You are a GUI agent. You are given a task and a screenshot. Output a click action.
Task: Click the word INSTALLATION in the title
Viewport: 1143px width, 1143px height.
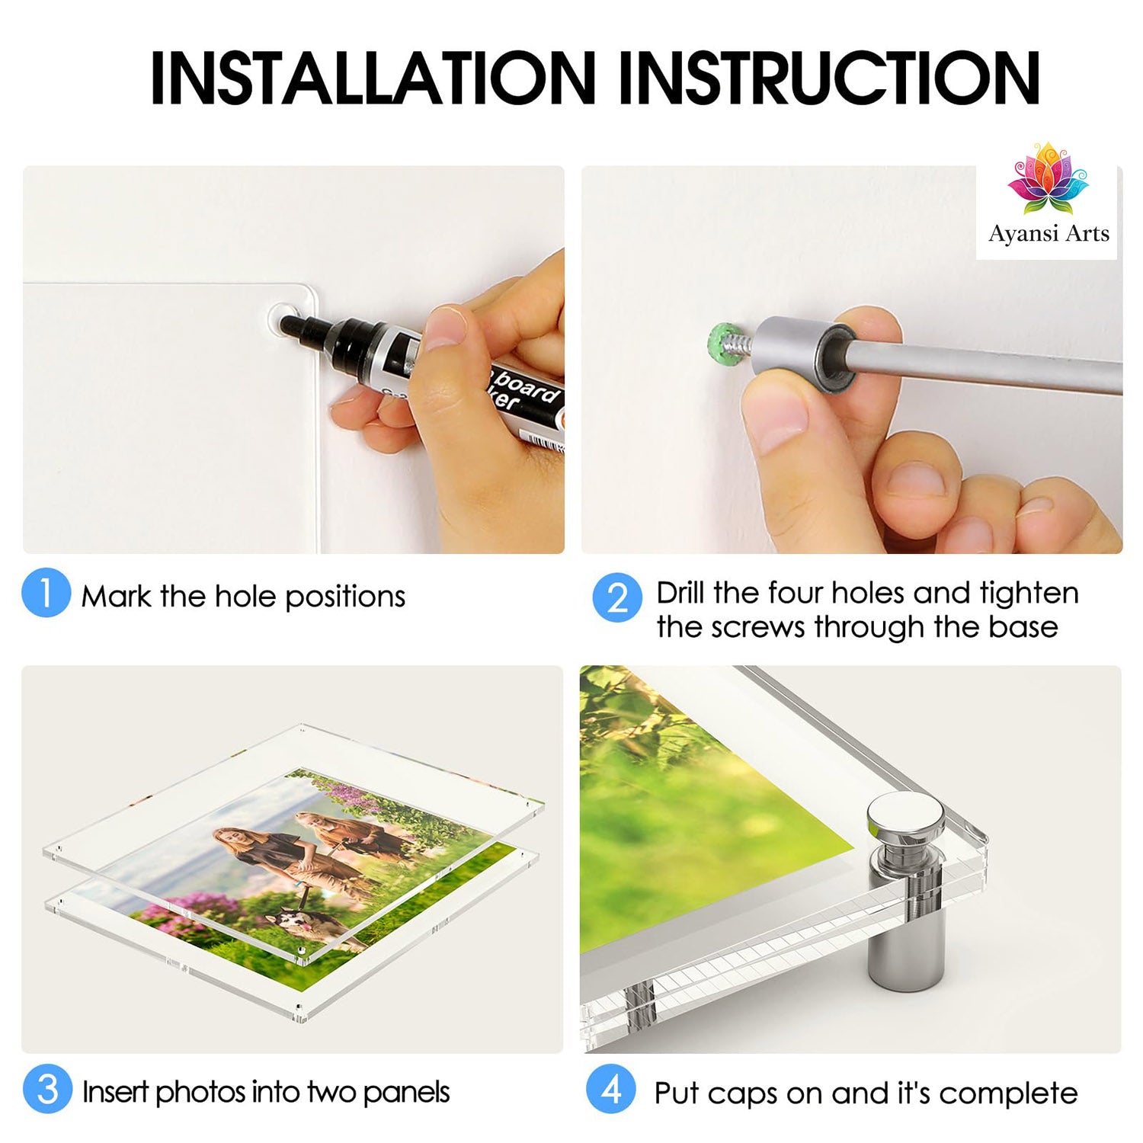coord(373,78)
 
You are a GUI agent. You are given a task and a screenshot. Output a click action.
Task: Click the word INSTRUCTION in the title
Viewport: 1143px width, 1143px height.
coord(828,78)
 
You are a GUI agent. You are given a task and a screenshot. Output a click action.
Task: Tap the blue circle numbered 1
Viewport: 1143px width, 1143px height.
coord(46,593)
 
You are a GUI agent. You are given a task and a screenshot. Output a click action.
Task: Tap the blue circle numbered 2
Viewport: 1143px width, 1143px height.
coord(617,597)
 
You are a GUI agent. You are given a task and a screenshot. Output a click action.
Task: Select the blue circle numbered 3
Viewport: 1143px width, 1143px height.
coord(47,1089)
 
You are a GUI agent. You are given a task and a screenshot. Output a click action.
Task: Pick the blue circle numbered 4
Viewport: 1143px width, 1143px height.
coord(611,1089)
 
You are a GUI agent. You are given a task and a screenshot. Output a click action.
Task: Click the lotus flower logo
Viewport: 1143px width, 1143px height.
coord(1049,178)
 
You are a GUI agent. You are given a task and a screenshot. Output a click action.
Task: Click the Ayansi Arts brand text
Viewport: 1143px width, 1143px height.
coord(1049,233)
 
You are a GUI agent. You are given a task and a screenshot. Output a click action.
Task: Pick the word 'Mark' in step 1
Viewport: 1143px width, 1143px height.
coord(117,596)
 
